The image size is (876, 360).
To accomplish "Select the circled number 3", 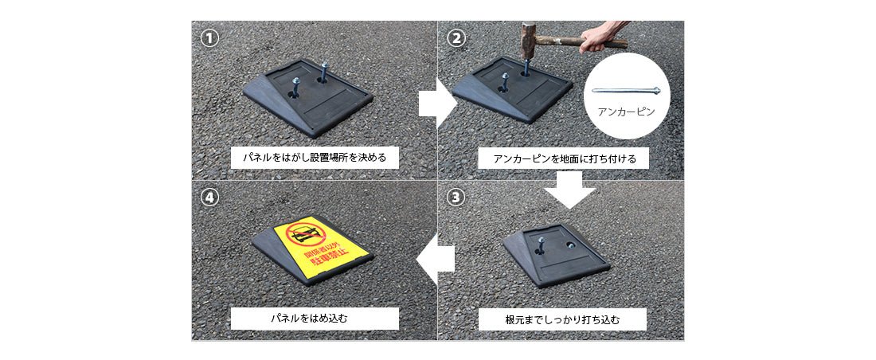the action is pyautogui.click(x=456, y=198).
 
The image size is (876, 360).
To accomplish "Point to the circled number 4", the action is pyautogui.click(x=209, y=198).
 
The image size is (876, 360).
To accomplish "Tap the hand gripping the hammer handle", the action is pyautogui.click(x=596, y=38).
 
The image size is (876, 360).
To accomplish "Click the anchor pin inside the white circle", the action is pyautogui.click(x=626, y=91).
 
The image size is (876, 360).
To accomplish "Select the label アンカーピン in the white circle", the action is pyautogui.click(x=626, y=112).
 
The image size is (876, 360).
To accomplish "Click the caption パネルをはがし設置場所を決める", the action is pyautogui.click(x=315, y=158).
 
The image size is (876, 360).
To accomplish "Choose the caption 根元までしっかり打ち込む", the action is pyautogui.click(x=562, y=320).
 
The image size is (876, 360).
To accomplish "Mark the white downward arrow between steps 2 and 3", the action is pyautogui.click(x=570, y=190).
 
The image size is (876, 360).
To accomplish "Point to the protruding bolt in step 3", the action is pyautogui.click(x=541, y=245).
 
